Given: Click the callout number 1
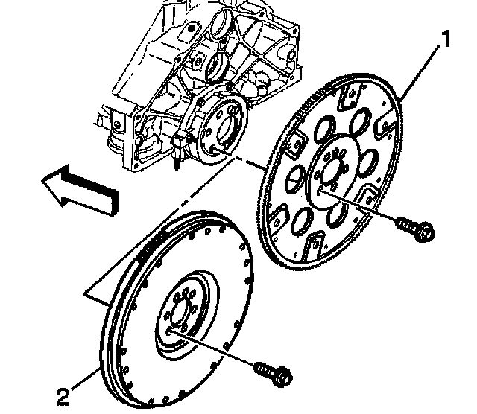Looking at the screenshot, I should coord(445,39).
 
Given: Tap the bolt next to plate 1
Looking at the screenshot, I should coord(414,228).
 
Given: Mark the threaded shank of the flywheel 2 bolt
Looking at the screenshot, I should coord(262,367).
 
